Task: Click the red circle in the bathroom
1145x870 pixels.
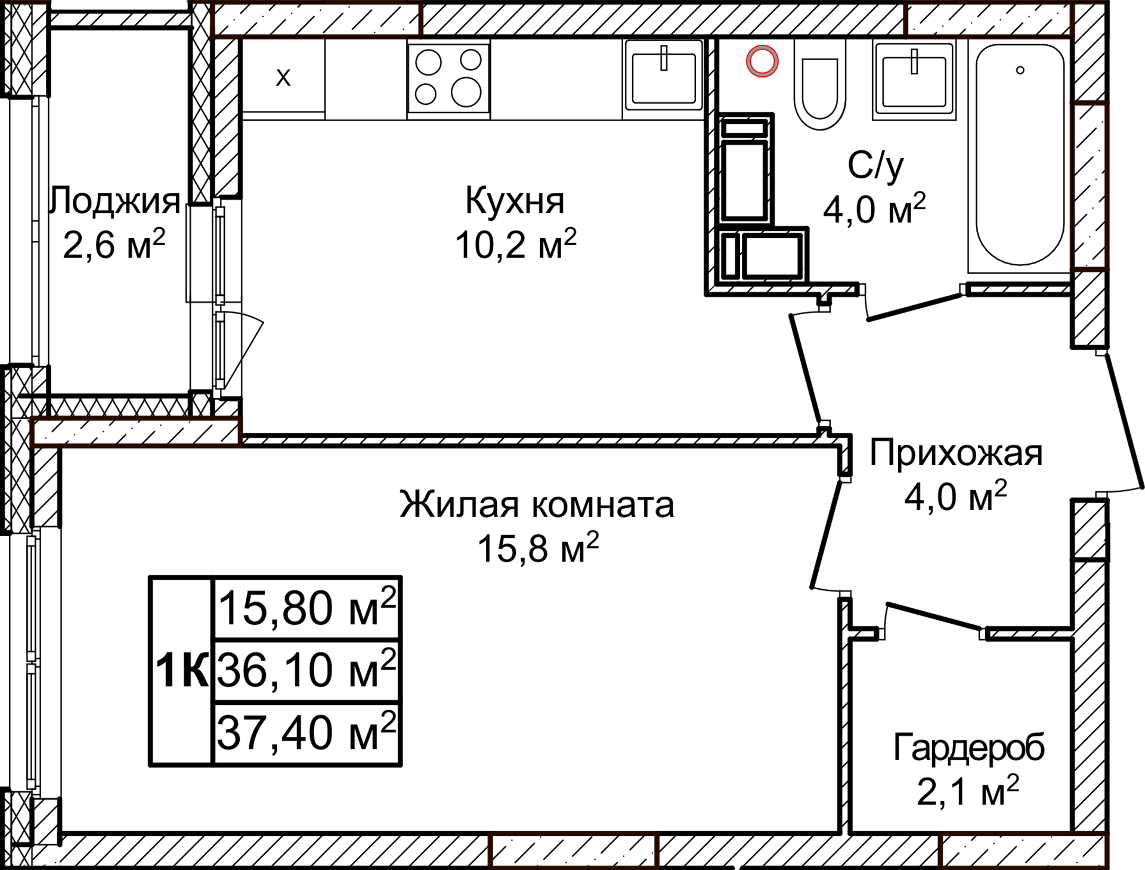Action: tap(762, 61)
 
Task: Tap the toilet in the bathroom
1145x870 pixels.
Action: tap(820, 89)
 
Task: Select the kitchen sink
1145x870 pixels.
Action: tap(664, 79)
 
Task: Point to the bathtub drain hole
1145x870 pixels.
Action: tap(1020, 70)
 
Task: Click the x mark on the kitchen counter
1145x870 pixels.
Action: tap(283, 77)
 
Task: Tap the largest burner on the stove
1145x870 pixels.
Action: tap(466, 93)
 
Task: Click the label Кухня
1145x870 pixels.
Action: tap(515, 200)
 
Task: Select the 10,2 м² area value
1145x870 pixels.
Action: tap(515, 244)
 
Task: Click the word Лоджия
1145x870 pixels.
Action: tap(115, 200)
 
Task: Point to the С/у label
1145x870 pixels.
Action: tap(875, 166)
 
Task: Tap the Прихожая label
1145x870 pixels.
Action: tap(955, 453)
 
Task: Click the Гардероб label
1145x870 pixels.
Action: tap(968, 748)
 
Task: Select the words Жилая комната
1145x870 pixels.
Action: tap(537, 504)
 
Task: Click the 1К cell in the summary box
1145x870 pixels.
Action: tap(181, 671)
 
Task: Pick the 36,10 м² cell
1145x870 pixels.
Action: tap(306, 670)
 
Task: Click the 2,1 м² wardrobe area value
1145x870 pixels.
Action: tap(967, 792)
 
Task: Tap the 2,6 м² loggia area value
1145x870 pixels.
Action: tap(113, 244)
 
